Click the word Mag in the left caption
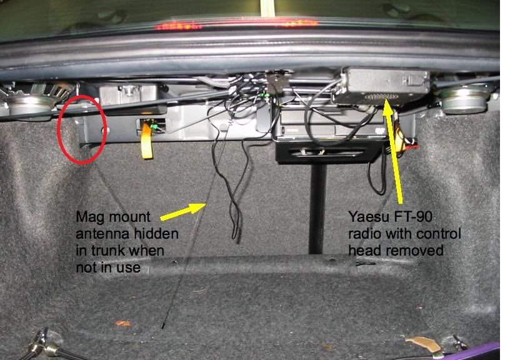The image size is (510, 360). [87, 217]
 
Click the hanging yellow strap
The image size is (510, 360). [147, 141]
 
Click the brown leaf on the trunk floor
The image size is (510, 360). [419, 342]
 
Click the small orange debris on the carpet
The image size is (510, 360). [123, 323]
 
